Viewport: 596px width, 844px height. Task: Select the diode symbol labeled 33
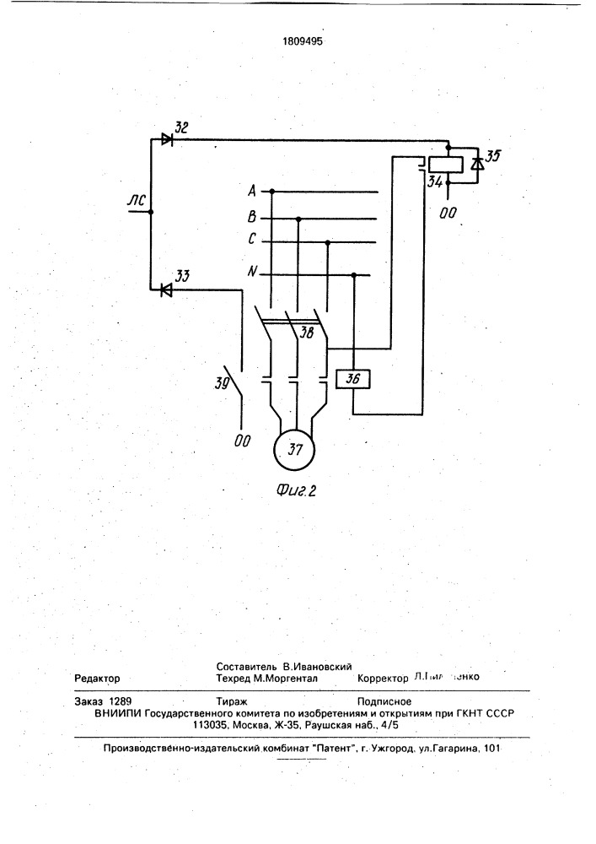coord(167,289)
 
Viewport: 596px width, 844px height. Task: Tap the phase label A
coord(252,191)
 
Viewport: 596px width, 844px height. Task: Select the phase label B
coord(252,217)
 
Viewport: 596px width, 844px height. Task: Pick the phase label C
coord(252,241)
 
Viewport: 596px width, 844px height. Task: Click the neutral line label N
coord(252,272)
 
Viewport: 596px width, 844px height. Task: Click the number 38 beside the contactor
coord(307,333)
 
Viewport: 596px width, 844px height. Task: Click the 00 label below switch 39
coord(243,439)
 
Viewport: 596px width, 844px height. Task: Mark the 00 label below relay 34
coord(448,213)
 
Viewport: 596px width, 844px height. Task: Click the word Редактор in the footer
coord(98,679)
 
